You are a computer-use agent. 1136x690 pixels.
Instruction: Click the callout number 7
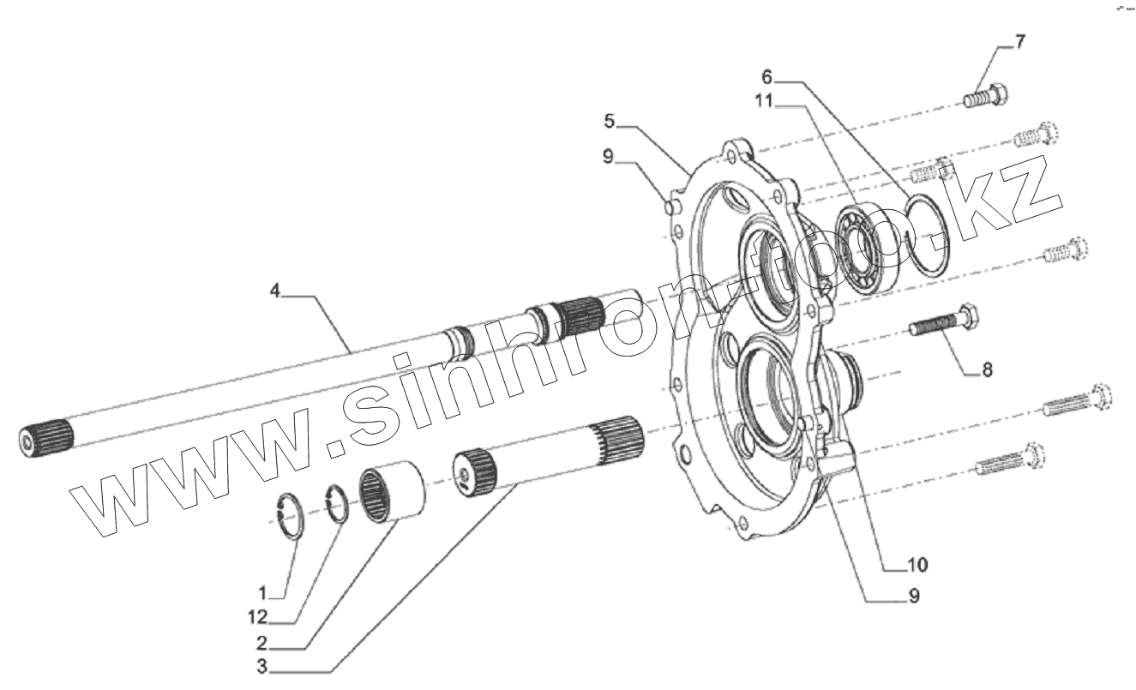(1019, 42)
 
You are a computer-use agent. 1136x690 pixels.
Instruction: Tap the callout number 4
(274, 291)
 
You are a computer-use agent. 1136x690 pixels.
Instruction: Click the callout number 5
(609, 121)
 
